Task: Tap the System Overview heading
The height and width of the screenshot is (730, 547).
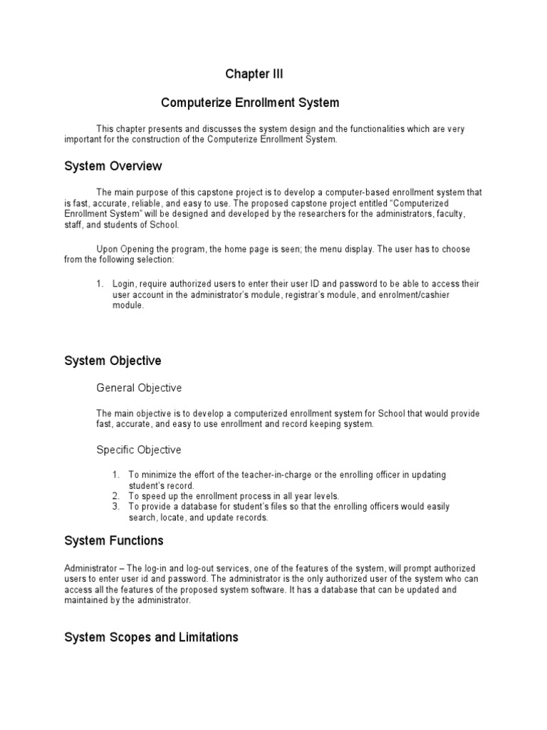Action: coord(113,166)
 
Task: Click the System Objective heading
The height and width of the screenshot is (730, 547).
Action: coord(113,361)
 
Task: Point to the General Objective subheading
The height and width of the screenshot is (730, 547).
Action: coord(139,388)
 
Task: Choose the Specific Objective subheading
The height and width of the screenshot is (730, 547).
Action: coord(139,450)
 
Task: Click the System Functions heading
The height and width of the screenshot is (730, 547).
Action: coord(114,540)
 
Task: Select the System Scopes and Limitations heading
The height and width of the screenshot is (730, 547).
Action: coord(151,637)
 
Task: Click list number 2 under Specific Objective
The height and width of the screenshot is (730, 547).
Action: coord(115,495)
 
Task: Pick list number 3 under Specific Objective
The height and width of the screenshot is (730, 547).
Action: coord(115,506)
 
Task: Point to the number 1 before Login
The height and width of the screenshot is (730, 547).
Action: coord(100,284)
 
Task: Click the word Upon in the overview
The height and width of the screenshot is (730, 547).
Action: coord(108,249)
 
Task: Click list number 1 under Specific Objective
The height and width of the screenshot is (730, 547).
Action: coord(115,475)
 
